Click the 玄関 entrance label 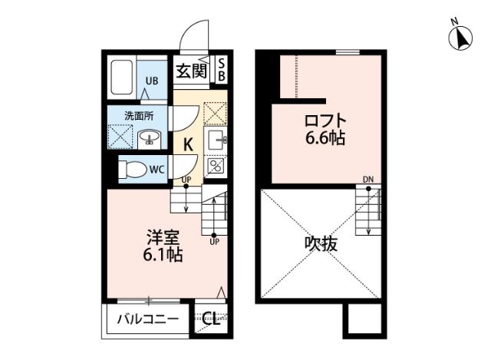[191, 71]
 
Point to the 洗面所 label [139, 116]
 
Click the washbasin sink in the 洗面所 [150, 137]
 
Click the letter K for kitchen [187, 143]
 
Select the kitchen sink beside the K [216, 140]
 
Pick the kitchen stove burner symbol [216, 165]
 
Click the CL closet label [211, 320]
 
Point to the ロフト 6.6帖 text [324, 129]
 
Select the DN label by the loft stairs [368, 180]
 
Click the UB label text [153, 81]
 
